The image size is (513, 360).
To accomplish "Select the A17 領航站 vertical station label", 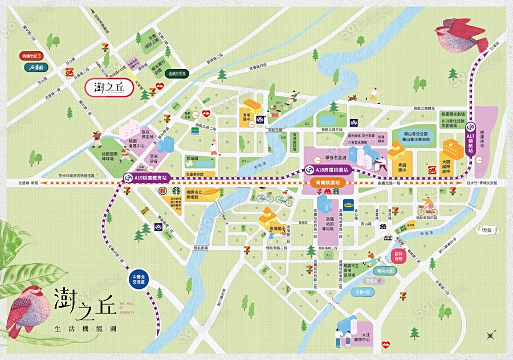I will pyautogui.click(x=470, y=140).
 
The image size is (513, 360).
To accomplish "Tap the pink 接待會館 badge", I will pyautogui.click(x=398, y=255).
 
